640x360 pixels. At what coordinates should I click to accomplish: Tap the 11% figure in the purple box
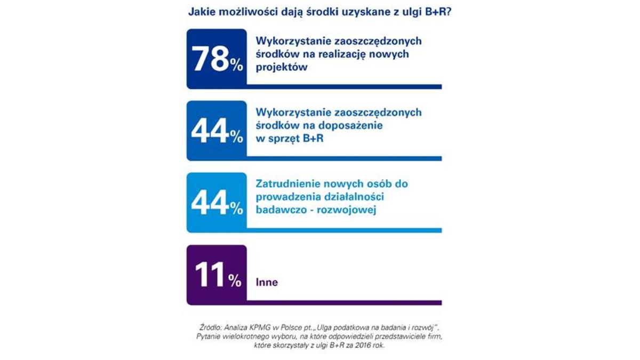(x=212, y=275)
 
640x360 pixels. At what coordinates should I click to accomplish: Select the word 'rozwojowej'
(x=350, y=210)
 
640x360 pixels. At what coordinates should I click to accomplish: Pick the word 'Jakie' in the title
(x=202, y=12)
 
